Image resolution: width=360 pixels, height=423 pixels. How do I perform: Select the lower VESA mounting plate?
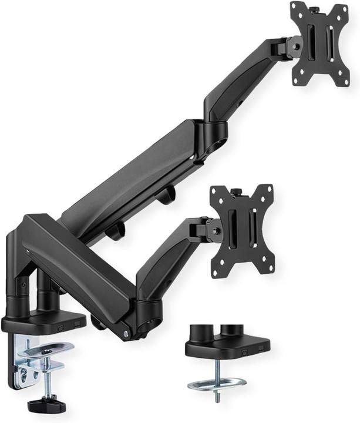click(242, 230)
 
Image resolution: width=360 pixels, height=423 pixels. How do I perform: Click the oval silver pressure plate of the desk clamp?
click(47, 348)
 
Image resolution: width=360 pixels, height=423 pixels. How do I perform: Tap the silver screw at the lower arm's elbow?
click(126, 334)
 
